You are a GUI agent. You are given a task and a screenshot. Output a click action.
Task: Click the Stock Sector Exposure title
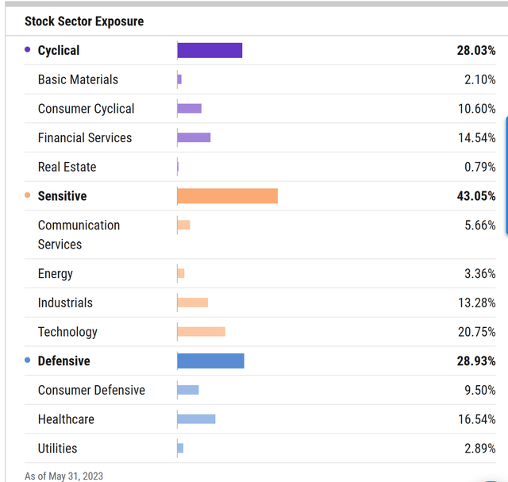[84, 21]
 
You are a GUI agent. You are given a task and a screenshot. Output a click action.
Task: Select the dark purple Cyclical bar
[210, 50]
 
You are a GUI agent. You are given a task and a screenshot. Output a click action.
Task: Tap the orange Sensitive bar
[227, 196]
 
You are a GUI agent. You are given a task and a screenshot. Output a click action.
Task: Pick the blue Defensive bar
[210, 361]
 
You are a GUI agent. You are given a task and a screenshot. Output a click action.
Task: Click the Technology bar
[201, 332]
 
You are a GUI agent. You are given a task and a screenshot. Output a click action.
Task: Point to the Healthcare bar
[196, 419]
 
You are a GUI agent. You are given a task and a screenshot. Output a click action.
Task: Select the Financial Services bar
[194, 137]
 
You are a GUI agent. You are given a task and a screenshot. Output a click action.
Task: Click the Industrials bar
[192, 303]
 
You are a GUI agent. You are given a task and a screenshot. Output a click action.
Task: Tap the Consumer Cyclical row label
[86, 109]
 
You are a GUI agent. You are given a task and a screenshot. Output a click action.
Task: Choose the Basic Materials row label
[78, 79]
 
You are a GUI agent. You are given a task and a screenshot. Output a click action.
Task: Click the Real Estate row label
[67, 167]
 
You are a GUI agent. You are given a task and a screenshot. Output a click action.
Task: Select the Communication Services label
[79, 234]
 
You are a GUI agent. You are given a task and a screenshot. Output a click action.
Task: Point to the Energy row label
[55, 274]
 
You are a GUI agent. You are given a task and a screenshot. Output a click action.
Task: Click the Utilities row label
[57, 449]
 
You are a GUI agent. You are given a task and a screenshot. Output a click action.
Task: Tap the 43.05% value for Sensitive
[476, 196]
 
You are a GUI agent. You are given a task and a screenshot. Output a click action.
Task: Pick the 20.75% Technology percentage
[476, 332]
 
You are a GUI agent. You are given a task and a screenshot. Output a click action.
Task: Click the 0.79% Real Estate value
[479, 167]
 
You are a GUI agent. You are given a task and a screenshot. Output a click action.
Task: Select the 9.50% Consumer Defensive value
[479, 390]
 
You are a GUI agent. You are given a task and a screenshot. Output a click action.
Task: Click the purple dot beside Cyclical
[28, 50]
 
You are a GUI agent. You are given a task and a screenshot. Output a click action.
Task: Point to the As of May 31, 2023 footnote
[63, 476]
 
